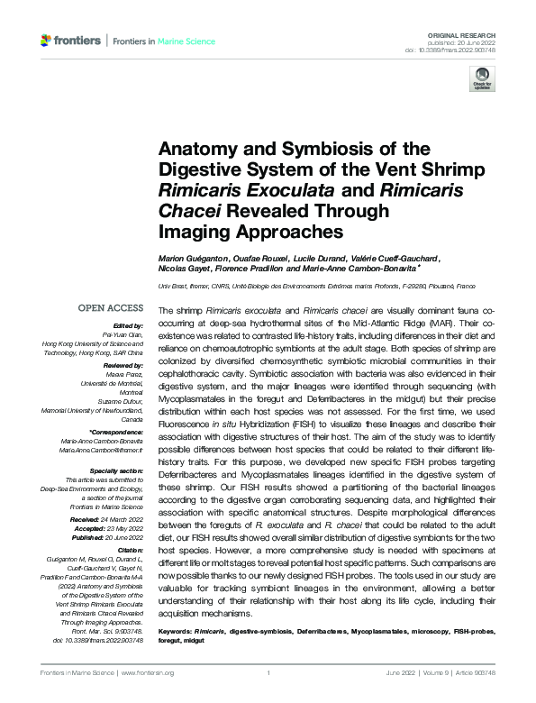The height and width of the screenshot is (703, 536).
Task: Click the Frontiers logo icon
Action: (x=46, y=41)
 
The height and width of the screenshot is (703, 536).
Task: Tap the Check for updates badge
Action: (x=481, y=80)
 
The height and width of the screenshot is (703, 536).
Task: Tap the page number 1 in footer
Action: (x=268, y=672)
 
